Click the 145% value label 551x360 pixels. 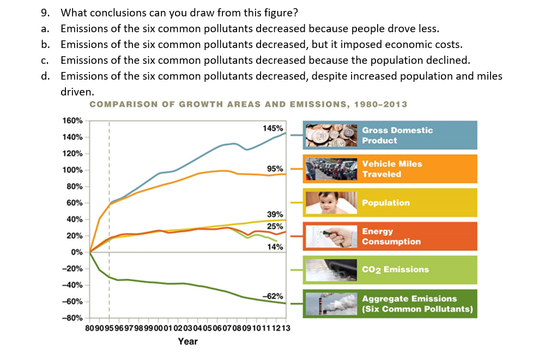tap(273, 128)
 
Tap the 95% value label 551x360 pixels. tap(275, 169)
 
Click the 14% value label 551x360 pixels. tap(275, 247)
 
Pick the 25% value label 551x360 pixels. tap(275, 226)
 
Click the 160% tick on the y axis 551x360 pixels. tap(72, 120)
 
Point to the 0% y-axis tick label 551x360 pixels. tap(76, 252)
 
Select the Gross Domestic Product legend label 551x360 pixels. tap(397, 135)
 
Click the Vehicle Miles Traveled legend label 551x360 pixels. tap(392, 169)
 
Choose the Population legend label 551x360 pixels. tap(386, 203)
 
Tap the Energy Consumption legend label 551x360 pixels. tap(391, 237)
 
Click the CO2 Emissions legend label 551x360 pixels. tap(395, 269)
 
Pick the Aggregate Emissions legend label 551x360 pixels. tap(417, 304)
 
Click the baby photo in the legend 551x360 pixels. tap(331, 203)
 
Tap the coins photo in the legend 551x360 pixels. tap(331, 135)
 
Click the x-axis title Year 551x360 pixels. tap(188, 341)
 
